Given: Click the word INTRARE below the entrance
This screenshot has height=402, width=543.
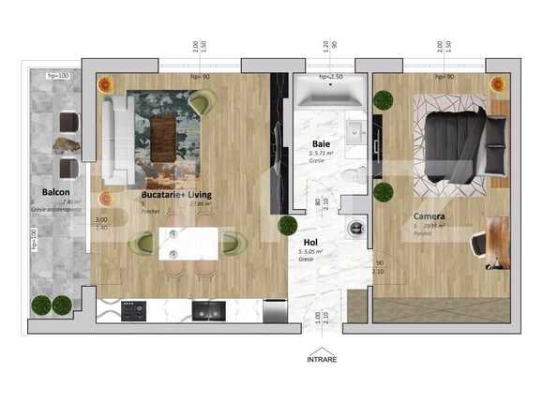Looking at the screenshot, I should click(322, 359).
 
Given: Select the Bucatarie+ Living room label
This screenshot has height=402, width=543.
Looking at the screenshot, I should click(175, 195).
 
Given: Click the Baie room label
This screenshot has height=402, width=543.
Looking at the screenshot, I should click(319, 144).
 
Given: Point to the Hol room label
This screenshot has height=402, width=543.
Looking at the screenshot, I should click(309, 241).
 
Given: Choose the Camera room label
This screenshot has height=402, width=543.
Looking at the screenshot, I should click(430, 216).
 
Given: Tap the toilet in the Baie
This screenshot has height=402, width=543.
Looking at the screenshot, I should click(352, 174).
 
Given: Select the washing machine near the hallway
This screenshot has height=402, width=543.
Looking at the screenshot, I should click(354, 226).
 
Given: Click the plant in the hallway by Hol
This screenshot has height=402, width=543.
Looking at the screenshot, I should click(287, 225).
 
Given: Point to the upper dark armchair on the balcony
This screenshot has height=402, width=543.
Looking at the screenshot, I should click(68, 121).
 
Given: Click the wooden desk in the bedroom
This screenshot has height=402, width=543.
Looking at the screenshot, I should click(498, 242).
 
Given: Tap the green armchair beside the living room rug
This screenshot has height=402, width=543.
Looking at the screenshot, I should click(202, 99).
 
